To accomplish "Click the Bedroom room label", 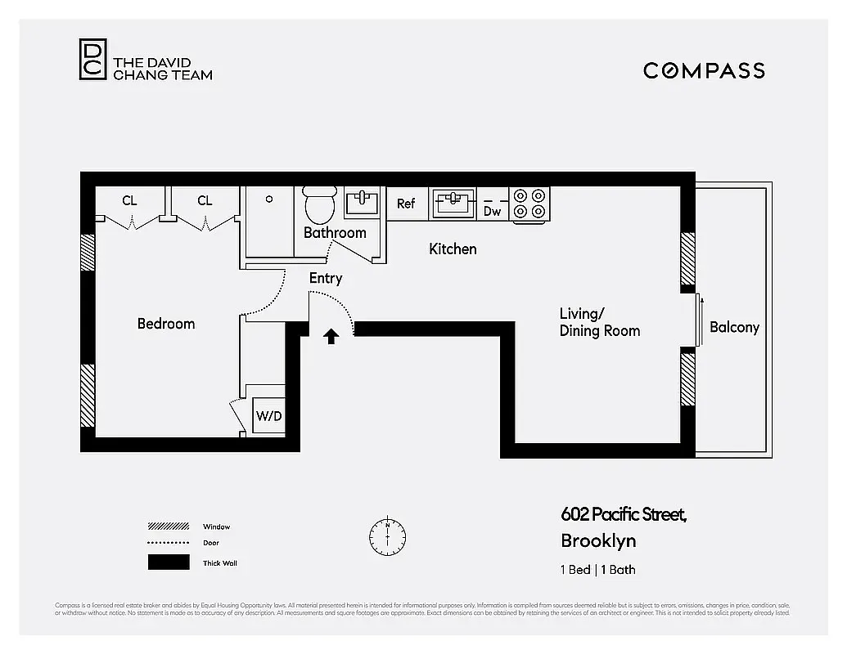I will (166, 324).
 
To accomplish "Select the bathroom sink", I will (362, 202).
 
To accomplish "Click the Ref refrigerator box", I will (406, 204).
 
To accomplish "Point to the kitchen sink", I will (453, 203).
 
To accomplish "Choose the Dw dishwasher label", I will (492, 211).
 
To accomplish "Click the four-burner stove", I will (529, 204).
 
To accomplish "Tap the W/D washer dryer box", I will (268, 415).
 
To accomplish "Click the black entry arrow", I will (331, 336).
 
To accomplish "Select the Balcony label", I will (734, 327).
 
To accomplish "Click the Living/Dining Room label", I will (599, 322).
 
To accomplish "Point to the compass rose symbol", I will (387, 535).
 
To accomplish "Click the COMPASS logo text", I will (704, 70).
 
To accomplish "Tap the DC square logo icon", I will (92, 60).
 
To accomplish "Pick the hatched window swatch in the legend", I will (169, 526).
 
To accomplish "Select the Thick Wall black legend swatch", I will (169, 562).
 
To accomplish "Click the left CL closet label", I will (129, 200).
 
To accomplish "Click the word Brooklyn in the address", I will (598, 540).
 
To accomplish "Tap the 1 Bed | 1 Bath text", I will (598, 570).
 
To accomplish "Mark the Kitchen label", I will (453, 249).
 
